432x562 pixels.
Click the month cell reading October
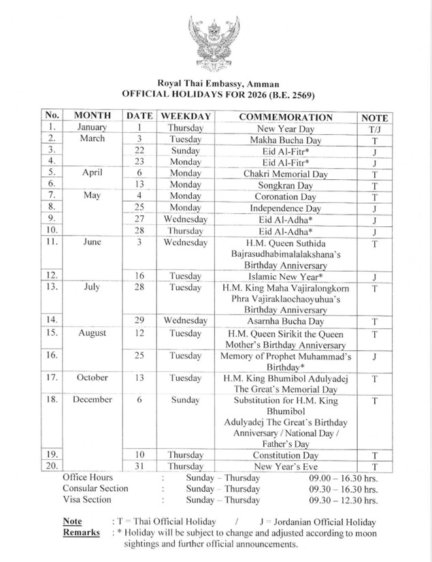92,377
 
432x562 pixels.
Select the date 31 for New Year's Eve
139,466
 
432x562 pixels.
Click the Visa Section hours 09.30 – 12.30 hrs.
342,500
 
